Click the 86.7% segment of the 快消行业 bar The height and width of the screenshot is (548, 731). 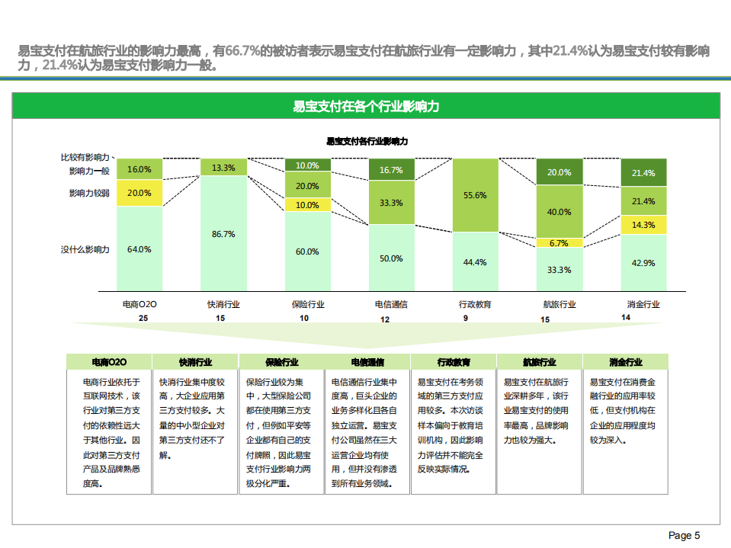223,233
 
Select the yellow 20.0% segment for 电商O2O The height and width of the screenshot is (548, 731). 139,193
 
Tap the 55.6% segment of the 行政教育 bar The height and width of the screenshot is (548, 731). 475,195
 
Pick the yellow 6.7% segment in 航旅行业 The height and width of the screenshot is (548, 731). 559,243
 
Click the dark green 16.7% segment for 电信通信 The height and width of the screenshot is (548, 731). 391,170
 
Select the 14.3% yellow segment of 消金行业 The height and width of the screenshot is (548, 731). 643,225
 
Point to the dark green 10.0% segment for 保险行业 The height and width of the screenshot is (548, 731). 307,165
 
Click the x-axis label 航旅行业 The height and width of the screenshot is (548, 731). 559,304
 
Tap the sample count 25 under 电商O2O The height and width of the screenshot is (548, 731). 143,318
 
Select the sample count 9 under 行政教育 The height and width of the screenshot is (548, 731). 466,318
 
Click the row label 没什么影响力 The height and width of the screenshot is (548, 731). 85,249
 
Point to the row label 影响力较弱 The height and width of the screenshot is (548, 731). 89,193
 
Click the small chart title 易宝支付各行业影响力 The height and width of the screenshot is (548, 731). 367,141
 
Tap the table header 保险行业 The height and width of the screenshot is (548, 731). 282,362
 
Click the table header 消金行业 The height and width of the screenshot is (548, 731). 625,362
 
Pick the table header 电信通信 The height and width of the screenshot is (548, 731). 367,362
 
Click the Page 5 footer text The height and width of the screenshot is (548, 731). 684,536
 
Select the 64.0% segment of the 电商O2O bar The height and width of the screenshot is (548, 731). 139,249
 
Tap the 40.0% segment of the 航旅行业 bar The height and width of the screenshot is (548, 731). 559,212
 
